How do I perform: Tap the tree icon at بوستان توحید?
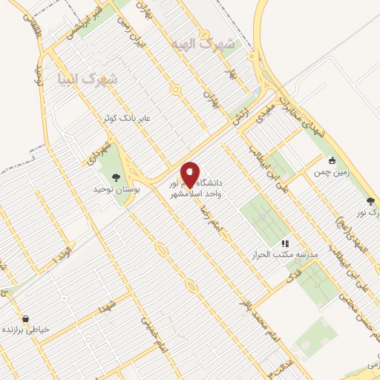pos(115,177)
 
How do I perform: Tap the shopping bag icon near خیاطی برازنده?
pos(26,318)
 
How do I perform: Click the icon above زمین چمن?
pos(331,160)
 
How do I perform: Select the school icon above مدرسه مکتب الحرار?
pos(284,243)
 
